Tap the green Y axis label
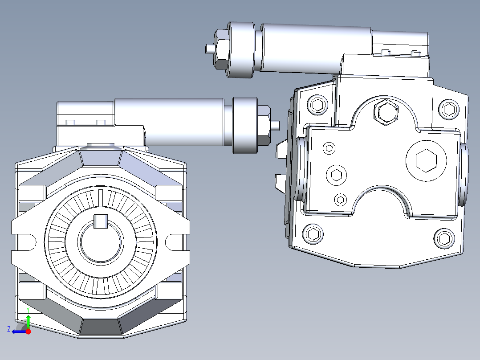coord(28,309)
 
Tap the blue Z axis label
coord(9,329)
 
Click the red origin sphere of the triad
coord(28,331)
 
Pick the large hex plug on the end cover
coord(426,160)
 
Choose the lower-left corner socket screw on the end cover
coord(313,234)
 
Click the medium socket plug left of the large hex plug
coord(336,174)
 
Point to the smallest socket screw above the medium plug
coord(329,148)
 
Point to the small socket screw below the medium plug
coord(341,199)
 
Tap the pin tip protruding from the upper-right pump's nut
coord(208,48)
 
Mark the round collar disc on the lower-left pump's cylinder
coord(245,125)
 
